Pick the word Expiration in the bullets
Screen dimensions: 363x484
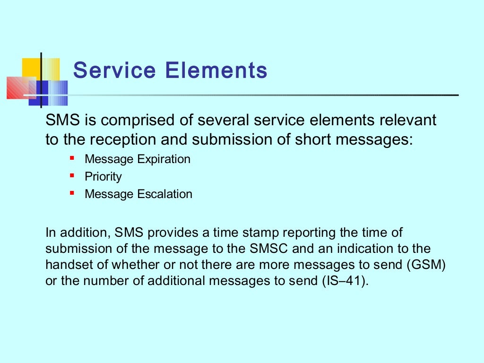pyautogui.click(x=164, y=159)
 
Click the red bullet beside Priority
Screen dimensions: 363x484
pyautogui.click(x=72, y=176)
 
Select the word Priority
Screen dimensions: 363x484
pyautogui.click(x=103, y=177)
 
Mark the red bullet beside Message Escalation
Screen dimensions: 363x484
pyautogui.click(x=72, y=193)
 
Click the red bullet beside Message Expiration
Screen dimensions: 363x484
pyautogui.click(x=72, y=158)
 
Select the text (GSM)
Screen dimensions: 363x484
pyautogui.click(x=426, y=265)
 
